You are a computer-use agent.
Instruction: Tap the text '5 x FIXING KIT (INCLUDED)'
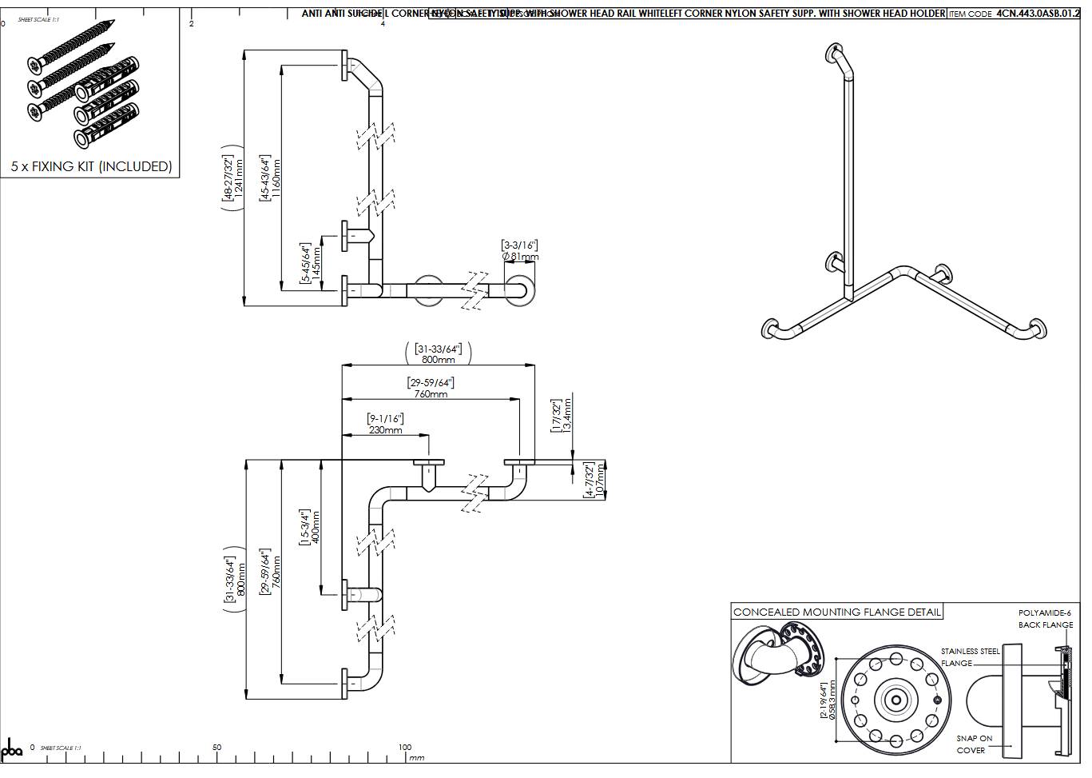[91, 166]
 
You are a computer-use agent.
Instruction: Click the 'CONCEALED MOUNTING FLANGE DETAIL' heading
[837, 612]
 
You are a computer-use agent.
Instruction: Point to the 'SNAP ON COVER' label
[974, 744]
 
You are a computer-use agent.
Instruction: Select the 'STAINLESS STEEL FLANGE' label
[969, 657]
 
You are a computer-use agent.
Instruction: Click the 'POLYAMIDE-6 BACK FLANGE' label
[1045, 619]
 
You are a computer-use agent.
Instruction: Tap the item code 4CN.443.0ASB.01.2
[1037, 14]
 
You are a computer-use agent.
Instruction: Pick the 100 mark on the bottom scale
[405, 748]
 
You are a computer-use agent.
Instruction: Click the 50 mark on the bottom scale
[216, 748]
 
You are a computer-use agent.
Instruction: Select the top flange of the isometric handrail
[833, 54]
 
